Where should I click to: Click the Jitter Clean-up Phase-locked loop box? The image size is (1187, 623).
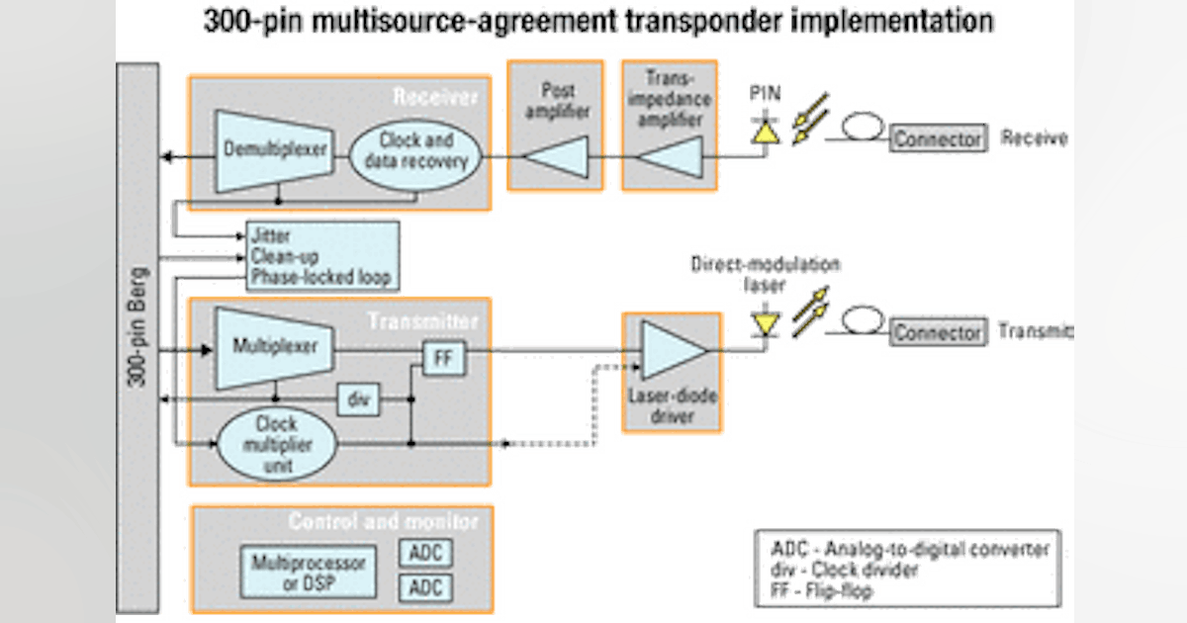coord(322,257)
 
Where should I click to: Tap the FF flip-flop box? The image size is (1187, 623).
coord(442,359)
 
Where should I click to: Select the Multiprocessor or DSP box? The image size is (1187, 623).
coord(308,570)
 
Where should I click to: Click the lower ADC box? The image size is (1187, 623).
coord(426,588)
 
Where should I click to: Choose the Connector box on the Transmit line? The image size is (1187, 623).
coord(939,332)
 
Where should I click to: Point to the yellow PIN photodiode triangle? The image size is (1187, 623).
coord(764,131)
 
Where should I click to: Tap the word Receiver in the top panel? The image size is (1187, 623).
coord(435,96)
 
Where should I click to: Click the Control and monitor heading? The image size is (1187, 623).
coord(383,521)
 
